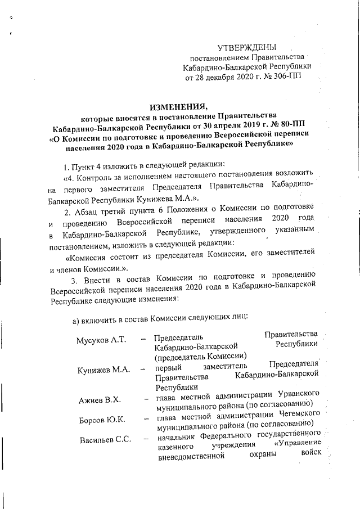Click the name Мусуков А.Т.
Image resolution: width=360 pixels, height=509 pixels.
click(102, 340)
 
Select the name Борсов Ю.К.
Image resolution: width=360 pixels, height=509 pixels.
click(102, 419)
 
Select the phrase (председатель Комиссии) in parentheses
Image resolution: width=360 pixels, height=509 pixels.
click(200, 355)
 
